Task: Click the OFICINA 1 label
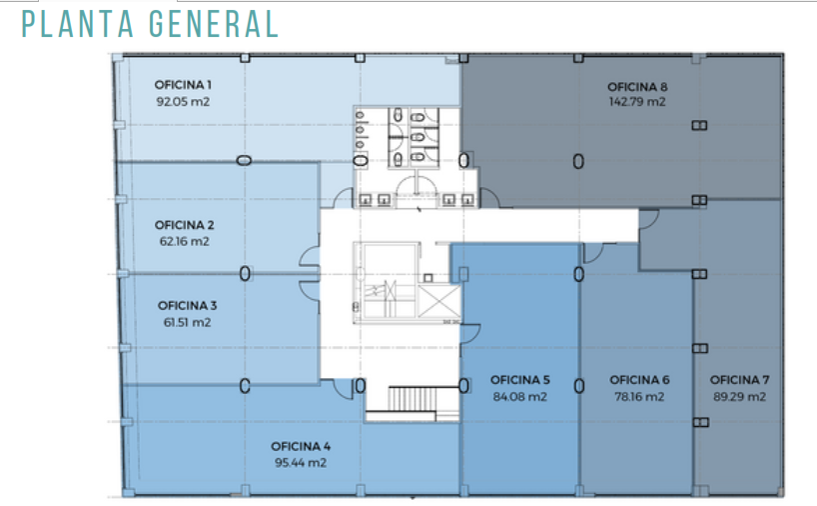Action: coord(183,85)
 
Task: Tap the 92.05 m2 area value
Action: coord(183,102)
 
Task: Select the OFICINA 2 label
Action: coord(185,225)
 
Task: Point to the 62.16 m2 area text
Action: coord(185,242)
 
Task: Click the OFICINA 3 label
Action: coord(187,306)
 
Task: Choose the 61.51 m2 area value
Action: coord(187,322)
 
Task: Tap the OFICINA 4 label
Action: coord(301,447)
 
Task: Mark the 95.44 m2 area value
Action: coord(301,463)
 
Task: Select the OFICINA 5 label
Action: coord(520,380)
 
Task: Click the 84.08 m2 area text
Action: coord(520,397)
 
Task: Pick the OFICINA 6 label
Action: coord(640,380)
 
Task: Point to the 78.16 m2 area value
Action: coord(640,397)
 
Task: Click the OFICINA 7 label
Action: coord(740,380)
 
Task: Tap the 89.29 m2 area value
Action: coord(740,397)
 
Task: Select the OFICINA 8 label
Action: coord(637,87)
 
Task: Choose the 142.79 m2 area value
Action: coord(637,102)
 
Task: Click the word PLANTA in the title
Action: coord(78,24)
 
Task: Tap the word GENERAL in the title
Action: coord(214,24)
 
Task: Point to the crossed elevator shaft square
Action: coord(439,302)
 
